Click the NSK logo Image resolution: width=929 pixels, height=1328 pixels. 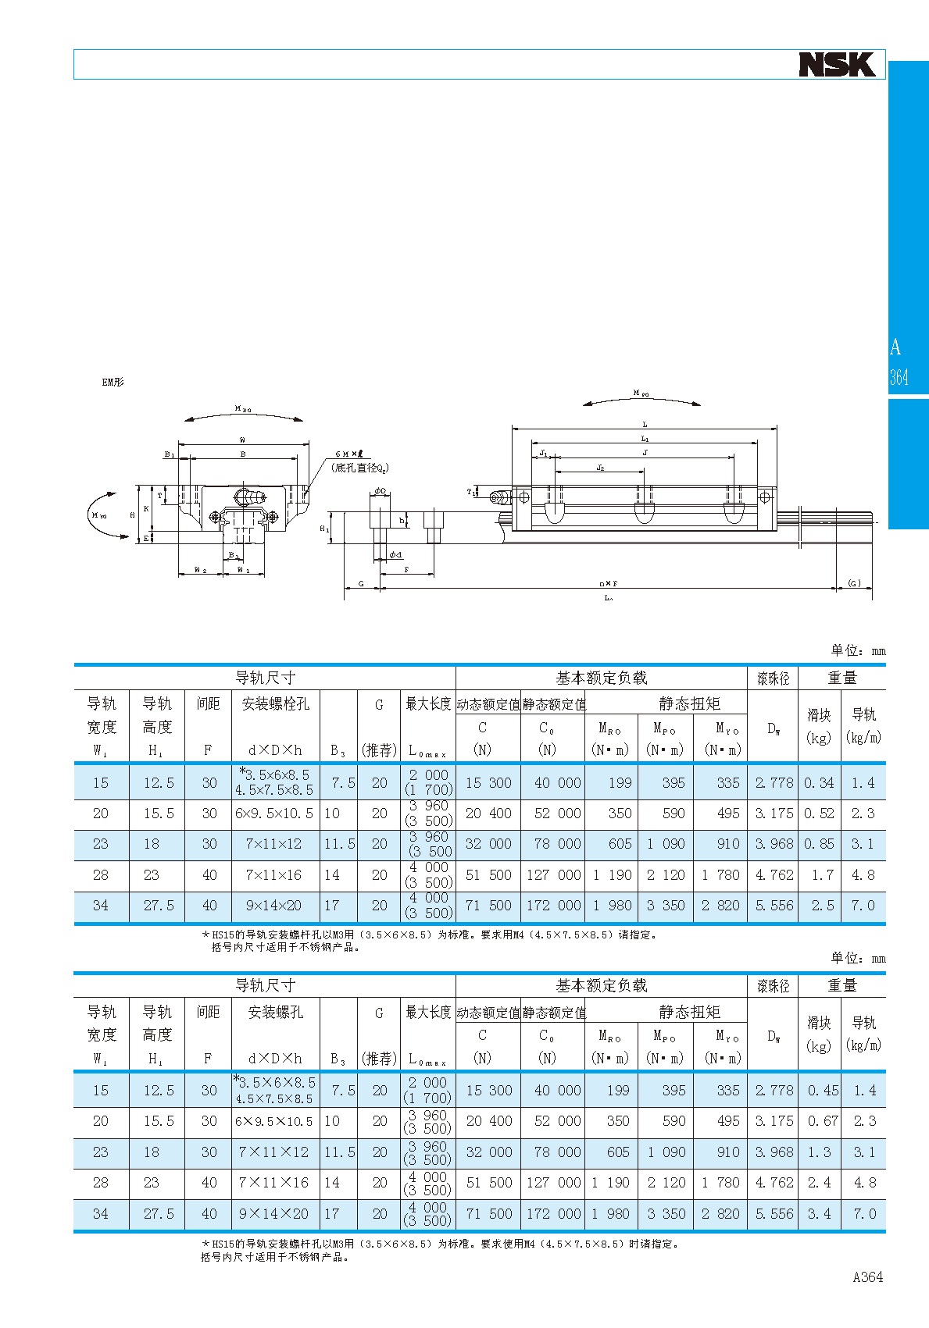coord(837,65)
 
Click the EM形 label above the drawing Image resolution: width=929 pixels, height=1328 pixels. coord(113,383)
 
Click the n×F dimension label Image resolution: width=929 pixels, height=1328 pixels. coord(608,583)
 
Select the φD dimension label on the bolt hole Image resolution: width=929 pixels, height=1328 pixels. coord(380,491)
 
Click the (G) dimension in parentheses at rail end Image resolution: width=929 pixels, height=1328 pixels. coord(855,582)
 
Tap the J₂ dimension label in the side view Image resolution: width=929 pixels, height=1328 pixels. coord(600,468)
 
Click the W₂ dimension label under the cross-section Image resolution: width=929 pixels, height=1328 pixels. coord(200,571)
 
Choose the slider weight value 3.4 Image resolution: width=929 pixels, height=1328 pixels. coord(820,1214)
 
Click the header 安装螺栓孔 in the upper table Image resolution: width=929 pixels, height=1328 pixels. coord(275,704)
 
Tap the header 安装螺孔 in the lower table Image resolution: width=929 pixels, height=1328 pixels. coord(275,1013)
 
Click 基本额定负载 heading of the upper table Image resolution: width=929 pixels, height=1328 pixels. coord(601,678)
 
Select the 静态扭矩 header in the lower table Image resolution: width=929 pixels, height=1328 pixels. coord(689,1012)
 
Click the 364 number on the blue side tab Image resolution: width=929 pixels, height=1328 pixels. coord(899,378)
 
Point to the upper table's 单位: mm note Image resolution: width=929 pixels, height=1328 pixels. coord(857,650)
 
